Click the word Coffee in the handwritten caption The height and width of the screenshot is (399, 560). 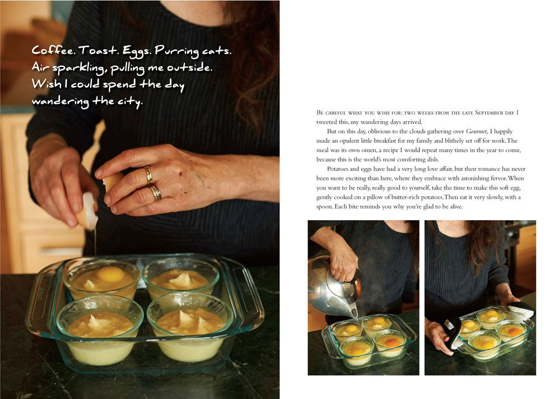coord(53,50)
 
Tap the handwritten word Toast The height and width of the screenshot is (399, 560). coord(99,50)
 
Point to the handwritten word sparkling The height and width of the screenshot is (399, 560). coord(79,68)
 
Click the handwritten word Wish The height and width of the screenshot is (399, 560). coord(46,83)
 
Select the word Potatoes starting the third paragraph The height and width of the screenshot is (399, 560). coord(338,169)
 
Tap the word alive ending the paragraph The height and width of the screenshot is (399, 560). coord(455,206)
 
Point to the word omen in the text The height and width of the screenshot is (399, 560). coord(364,150)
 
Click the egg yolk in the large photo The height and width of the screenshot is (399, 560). coord(111,274)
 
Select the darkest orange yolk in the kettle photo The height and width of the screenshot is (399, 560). coord(392,342)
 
